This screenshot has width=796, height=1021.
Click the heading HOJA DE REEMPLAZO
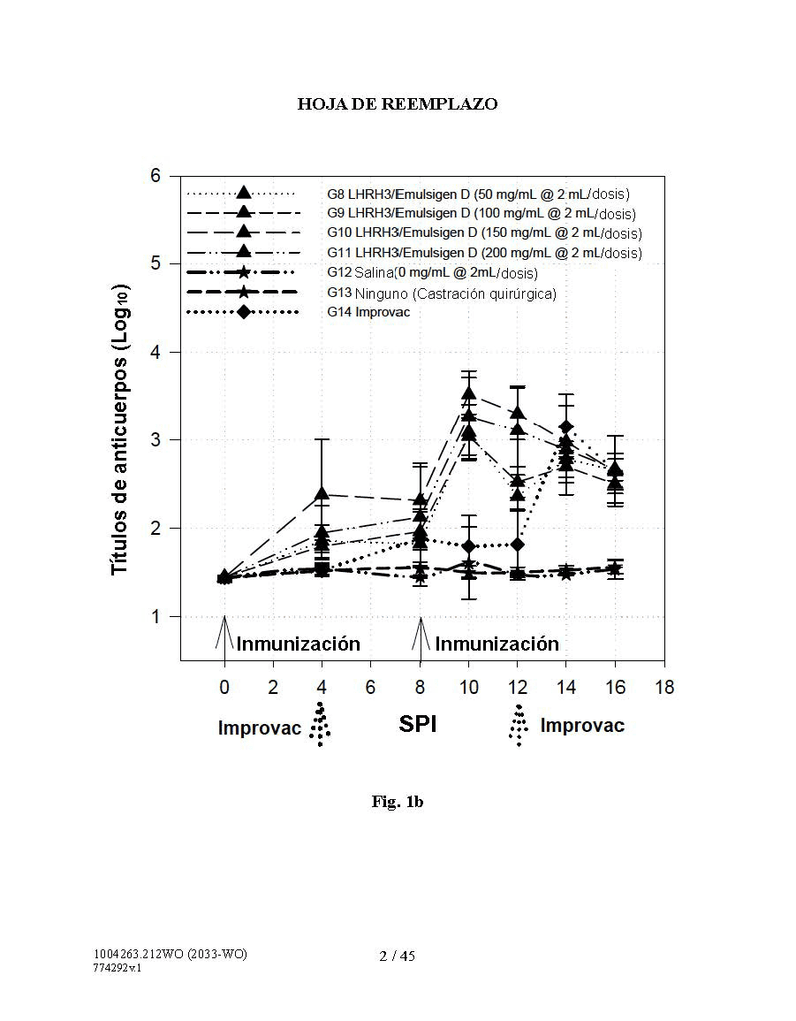coord(397,104)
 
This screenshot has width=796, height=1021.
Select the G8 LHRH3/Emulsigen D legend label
coord(478,194)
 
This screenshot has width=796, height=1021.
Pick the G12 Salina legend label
coord(432,273)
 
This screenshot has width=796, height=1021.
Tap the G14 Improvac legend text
coord(368,312)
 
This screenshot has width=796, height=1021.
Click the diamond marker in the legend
coord(244,312)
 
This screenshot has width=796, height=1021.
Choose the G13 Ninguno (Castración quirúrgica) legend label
coord(441,293)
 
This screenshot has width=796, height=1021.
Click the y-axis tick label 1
coord(155,616)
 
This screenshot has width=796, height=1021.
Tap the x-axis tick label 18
coord(663,687)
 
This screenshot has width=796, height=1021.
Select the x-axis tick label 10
coord(468,687)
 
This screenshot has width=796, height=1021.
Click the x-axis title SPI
coord(418,724)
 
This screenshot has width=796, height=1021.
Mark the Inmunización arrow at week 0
coord(224,632)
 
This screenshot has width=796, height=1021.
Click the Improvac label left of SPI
coord(259,728)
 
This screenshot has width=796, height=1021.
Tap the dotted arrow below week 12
coord(518,726)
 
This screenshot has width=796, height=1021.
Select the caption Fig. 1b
coord(397,802)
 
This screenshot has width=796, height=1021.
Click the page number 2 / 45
coord(397,956)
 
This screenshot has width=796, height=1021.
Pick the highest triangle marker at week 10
coord(468,393)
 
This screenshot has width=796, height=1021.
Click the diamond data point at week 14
coord(566,427)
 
